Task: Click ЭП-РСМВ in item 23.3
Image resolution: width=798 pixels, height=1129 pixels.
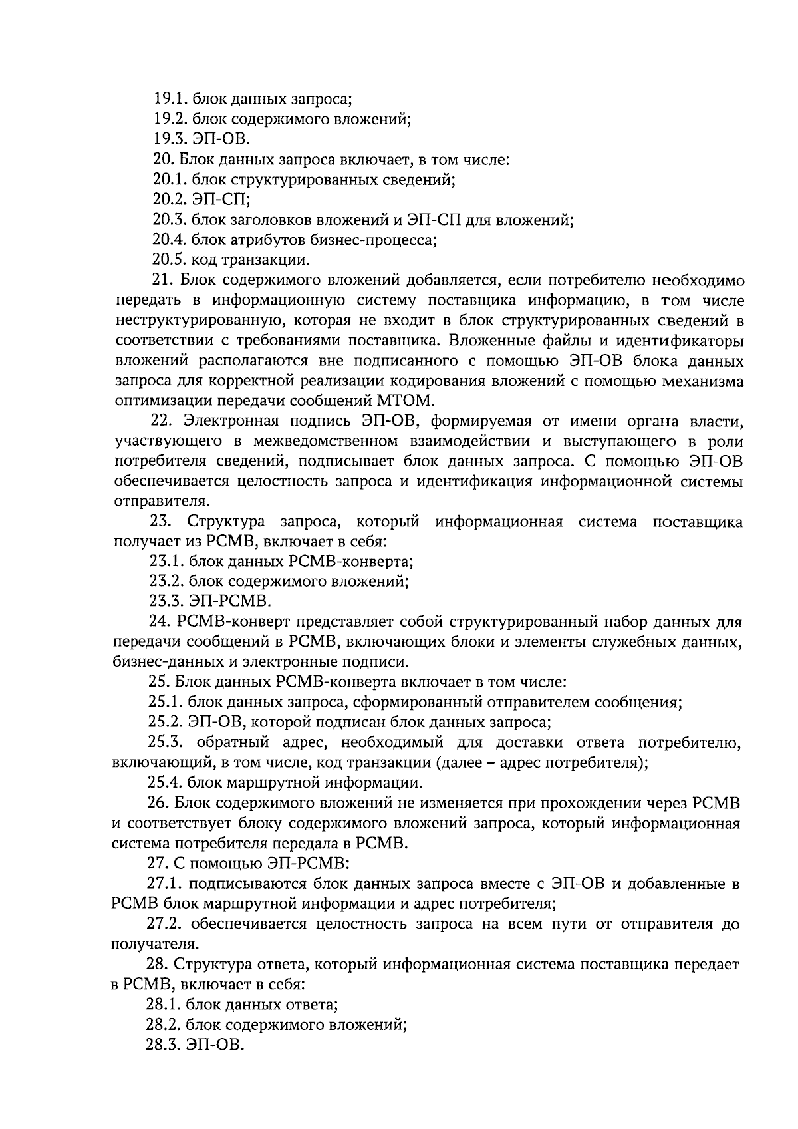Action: (230, 601)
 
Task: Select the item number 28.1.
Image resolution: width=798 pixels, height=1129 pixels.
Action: (163, 1005)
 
